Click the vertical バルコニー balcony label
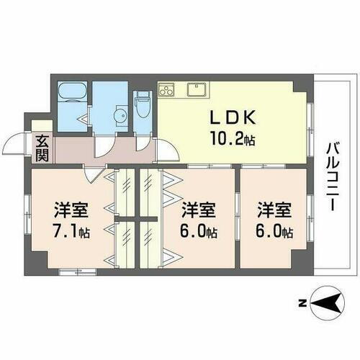[x=332, y=176]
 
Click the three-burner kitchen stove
[x=167, y=90]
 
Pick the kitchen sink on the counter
[x=196, y=90]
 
